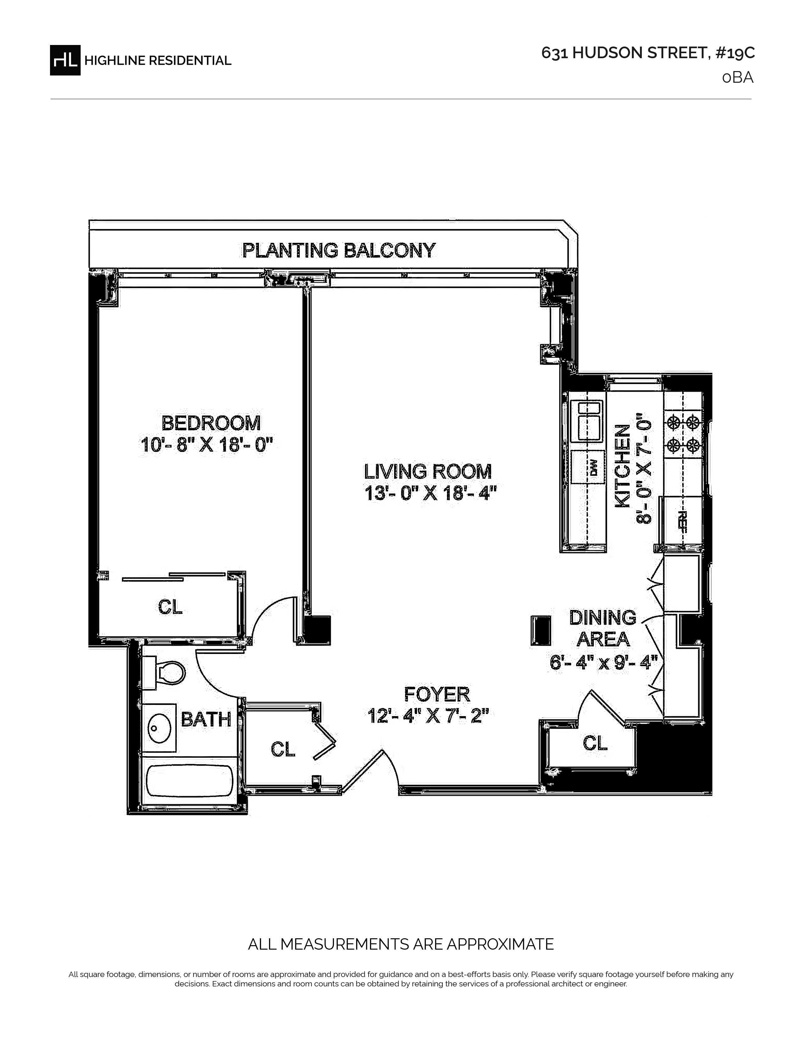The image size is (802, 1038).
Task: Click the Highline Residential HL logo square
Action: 65,60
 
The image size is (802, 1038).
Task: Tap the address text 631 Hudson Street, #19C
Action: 648,53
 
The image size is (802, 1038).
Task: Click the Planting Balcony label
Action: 339,250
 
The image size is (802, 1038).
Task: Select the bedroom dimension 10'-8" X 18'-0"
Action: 207,445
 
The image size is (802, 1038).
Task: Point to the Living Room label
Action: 428,472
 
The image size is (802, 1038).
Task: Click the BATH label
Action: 206,719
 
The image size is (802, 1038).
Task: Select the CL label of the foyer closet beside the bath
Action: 283,749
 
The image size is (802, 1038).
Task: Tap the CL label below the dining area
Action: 595,742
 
